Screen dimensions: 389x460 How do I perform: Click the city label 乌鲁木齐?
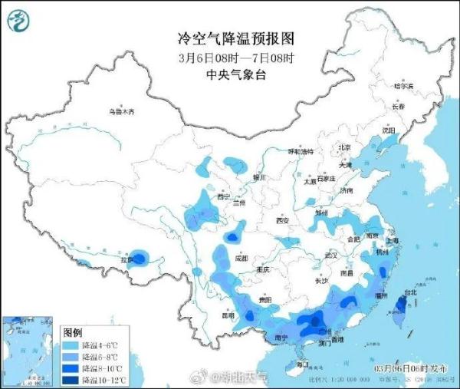pyautogui.click(x=120, y=113)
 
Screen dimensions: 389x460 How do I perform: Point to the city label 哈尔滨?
pyautogui.click(x=403, y=87)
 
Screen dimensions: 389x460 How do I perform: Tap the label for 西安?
pyautogui.click(x=283, y=221)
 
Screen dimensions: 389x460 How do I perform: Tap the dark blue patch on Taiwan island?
pyautogui.click(x=399, y=308)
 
